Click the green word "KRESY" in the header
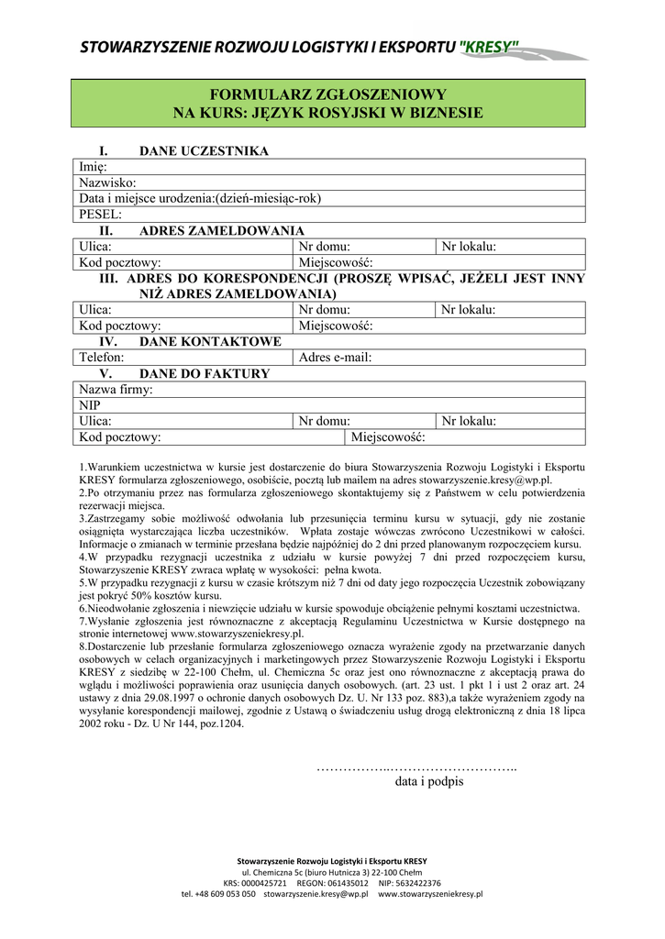[x=490, y=46]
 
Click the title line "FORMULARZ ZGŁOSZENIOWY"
[x=328, y=94]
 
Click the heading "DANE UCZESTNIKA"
[x=203, y=151]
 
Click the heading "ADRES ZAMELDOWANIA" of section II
[x=221, y=231]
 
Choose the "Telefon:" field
[x=183, y=358]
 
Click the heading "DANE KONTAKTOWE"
[x=210, y=342]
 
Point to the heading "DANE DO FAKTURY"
[x=205, y=374]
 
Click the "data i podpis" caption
[x=429, y=782]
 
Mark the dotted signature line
[x=416, y=767]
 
